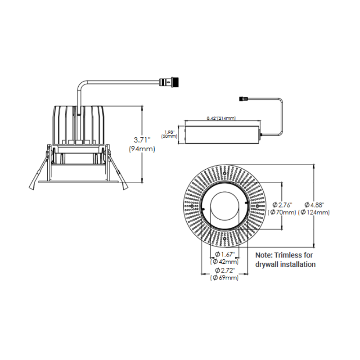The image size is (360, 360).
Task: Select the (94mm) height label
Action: pyautogui.click(x=142, y=149)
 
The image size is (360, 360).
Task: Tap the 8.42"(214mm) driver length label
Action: pyautogui.click(x=221, y=118)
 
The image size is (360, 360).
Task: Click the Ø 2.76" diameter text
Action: pyautogui.click(x=282, y=205)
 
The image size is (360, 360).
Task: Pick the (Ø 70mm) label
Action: pyautogui.click(x=282, y=212)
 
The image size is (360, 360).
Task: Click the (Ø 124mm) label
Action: pyautogui.click(x=315, y=212)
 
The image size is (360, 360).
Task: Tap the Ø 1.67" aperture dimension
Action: pyautogui.click(x=224, y=254)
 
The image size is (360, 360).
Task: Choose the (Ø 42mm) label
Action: pyautogui.click(x=224, y=261)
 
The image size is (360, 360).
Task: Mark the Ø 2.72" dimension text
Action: pyautogui.click(x=224, y=270)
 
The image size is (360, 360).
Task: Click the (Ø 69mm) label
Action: pyautogui.click(x=224, y=278)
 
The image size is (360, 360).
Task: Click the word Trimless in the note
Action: pyautogui.click(x=288, y=255)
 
